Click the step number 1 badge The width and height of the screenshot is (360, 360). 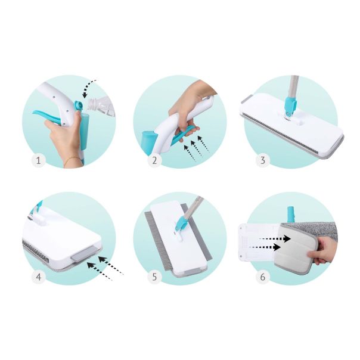38,160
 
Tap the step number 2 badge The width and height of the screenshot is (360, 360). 154,160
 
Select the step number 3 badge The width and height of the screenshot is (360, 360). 263,160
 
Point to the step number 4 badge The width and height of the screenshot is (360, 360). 38,277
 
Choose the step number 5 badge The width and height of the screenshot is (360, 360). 154,277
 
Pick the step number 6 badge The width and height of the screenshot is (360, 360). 263,277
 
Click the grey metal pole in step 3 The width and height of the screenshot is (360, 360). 294,87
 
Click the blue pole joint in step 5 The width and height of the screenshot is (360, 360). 181,224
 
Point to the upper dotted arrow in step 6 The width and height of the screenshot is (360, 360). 275,238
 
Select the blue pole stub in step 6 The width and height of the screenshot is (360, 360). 291,215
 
